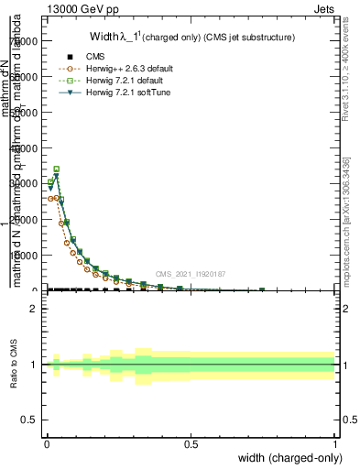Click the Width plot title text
pyautogui.click(x=191, y=38)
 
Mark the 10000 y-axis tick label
pyautogui.click(x=24, y=256)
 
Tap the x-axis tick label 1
pyautogui.click(x=335, y=445)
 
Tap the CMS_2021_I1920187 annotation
pyautogui.click(x=191, y=274)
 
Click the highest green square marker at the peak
pyautogui.click(x=57, y=169)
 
